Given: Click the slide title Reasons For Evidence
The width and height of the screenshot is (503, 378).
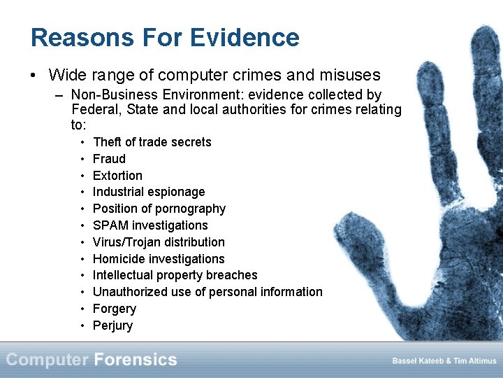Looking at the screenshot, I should pyautogui.click(x=165, y=37).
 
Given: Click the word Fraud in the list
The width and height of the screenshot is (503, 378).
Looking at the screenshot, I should pyautogui.click(x=109, y=159).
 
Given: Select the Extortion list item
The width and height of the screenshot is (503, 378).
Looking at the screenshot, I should pyautogui.click(x=117, y=176).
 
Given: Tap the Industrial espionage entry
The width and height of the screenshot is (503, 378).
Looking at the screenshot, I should pyautogui.click(x=149, y=192).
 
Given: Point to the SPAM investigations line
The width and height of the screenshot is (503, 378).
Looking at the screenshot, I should pyautogui.click(x=150, y=225).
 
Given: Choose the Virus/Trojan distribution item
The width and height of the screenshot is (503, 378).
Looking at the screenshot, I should pyautogui.click(x=159, y=242).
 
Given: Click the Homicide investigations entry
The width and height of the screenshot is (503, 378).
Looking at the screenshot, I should pyautogui.click(x=159, y=259).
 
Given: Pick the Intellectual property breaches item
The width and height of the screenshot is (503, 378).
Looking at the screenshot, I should pyautogui.click(x=175, y=275).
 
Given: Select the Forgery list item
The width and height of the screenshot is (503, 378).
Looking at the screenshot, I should pyautogui.click(x=115, y=309).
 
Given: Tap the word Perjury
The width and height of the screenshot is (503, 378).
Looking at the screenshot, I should pyautogui.click(x=112, y=325).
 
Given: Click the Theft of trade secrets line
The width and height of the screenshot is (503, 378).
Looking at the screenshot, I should pyautogui.click(x=152, y=142).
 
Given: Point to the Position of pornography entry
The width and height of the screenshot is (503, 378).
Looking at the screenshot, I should pyautogui.click(x=159, y=209).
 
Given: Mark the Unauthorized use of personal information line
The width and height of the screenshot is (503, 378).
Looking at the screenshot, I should pyautogui.click(x=207, y=292).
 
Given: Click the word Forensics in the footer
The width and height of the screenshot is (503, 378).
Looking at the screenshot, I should pyautogui.click(x=136, y=360).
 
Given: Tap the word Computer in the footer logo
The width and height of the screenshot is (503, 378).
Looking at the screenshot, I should pyautogui.click(x=48, y=360).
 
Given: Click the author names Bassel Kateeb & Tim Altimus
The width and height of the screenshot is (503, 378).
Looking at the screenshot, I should pyautogui.click(x=444, y=361).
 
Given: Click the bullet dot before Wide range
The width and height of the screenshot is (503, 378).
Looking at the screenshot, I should pyautogui.click(x=34, y=76).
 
